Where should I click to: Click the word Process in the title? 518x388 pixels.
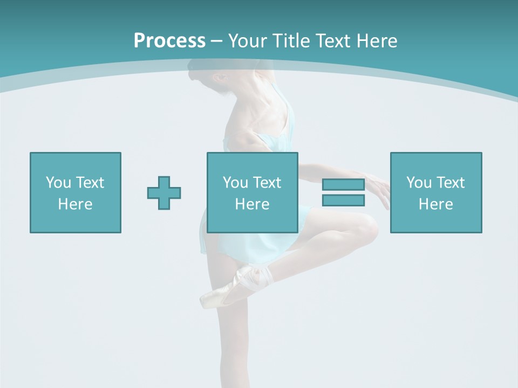point(169,41)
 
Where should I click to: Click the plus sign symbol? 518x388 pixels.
point(164,193)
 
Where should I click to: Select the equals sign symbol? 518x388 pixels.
point(343,192)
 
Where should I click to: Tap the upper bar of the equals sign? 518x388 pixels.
point(343,185)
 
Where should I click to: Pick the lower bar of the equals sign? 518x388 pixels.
point(343,200)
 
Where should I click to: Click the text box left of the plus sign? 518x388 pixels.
point(76,193)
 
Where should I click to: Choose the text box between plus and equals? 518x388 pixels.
point(253,193)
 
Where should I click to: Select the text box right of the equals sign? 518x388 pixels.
point(436,193)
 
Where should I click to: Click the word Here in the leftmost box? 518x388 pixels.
point(76,204)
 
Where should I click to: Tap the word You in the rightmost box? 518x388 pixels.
point(419,183)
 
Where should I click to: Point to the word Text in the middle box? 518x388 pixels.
point(267,183)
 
